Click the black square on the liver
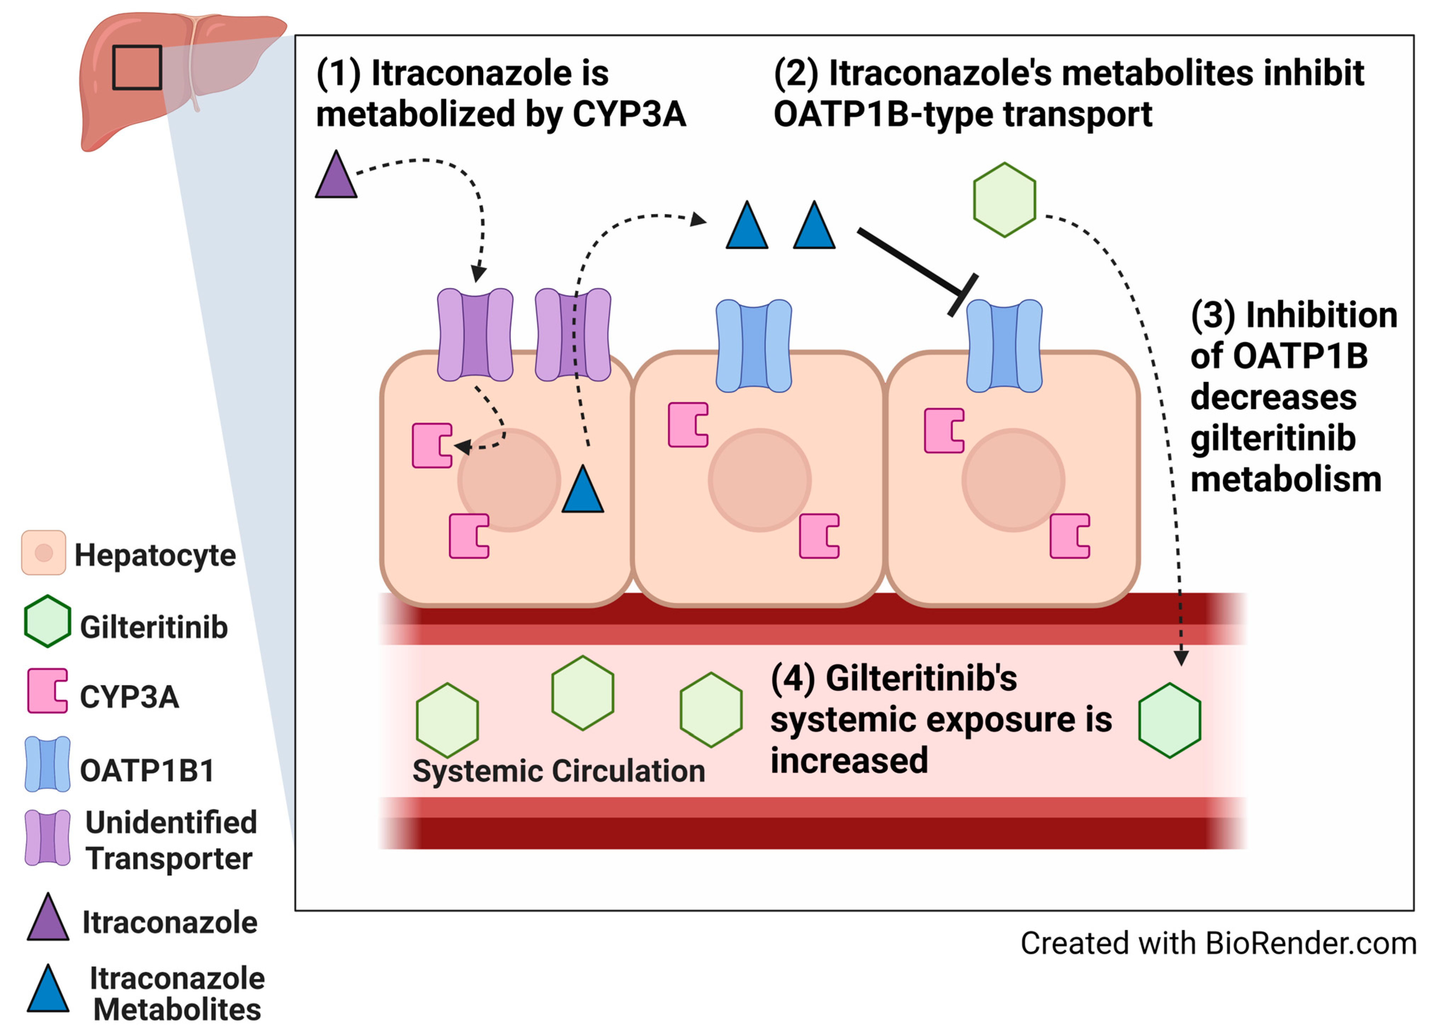(137, 68)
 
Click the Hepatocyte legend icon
(44, 552)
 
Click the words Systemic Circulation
(559, 771)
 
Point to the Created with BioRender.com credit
(1218, 943)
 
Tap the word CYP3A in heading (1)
(629, 114)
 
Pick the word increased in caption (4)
(849, 760)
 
